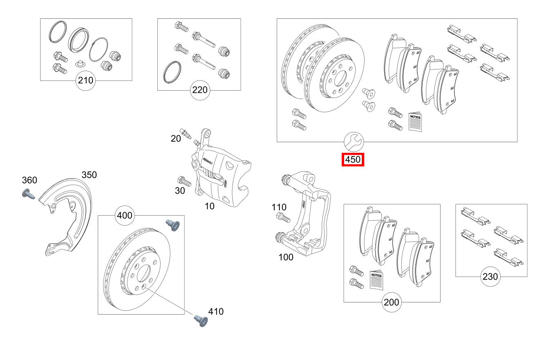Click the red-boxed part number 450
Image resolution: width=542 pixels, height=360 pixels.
353,160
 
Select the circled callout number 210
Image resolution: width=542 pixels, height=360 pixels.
86,80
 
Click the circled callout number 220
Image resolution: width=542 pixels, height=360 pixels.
200,90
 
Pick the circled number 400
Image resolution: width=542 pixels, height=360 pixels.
125,215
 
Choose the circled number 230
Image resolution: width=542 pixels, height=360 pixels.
490,277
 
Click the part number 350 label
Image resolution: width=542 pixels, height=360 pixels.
89,175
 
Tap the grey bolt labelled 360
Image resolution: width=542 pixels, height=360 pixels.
27,193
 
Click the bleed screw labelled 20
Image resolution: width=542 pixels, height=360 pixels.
186,133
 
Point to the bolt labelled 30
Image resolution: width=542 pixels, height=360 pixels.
182,181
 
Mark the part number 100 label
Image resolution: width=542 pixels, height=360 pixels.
286,257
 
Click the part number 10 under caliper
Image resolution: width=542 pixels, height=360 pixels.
209,206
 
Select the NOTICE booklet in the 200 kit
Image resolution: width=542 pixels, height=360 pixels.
376,280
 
